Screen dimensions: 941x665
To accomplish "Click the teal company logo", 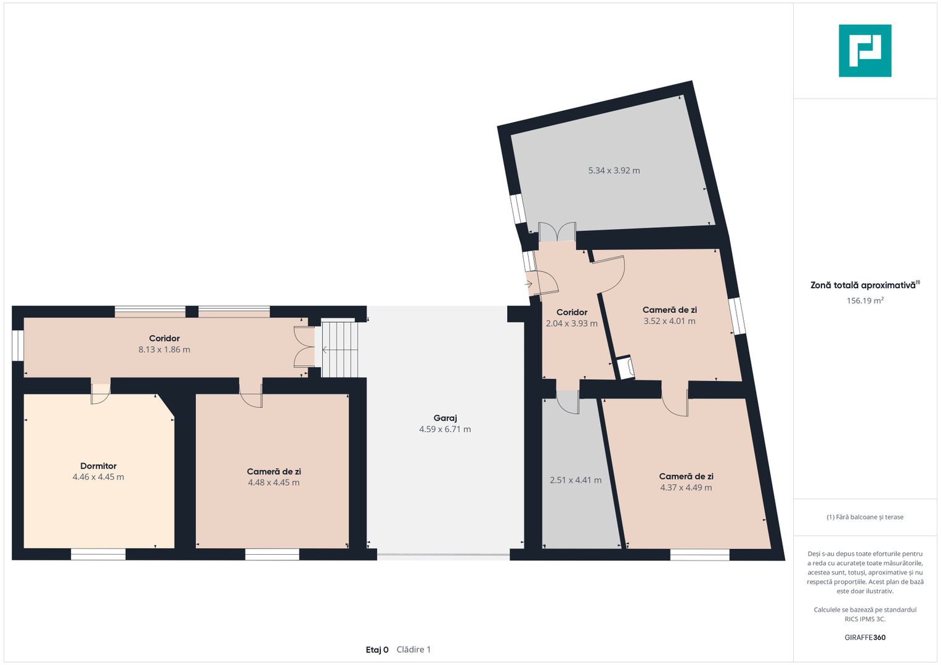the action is [865, 50].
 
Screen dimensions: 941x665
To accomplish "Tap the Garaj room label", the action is [445, 417].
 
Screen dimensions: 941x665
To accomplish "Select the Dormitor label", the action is [99, 465].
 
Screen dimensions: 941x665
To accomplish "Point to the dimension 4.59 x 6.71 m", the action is [445, 429].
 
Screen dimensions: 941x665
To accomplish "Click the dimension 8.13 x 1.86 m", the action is [165, 349].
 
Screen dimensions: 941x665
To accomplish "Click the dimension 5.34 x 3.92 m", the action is [614, 171].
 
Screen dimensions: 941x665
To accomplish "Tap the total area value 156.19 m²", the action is [865, 300].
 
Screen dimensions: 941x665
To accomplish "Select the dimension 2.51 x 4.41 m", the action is [576, 480].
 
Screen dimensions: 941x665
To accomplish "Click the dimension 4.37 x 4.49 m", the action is [686, 488].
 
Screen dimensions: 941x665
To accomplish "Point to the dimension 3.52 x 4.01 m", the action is [669, 321].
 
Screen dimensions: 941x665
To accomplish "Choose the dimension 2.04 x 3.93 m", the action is [571, 324].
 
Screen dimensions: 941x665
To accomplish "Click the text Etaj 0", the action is [377, 650].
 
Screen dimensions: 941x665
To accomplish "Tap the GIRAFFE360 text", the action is [865, 637].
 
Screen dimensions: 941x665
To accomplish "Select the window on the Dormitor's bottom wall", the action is [98, 554].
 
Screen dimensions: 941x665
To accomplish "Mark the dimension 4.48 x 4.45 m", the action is [274, 482].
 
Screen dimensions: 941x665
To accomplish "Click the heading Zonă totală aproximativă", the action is [863, 286].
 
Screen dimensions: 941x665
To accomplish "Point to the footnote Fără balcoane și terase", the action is [865, 517].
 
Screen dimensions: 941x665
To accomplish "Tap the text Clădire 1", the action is [413, 650].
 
